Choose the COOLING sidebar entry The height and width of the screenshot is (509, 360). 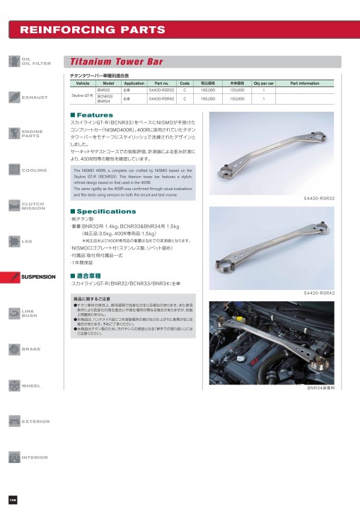pyautogui.click(x=35, y=170)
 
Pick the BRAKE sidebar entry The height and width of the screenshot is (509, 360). pyautogui.click(x=31, y=349)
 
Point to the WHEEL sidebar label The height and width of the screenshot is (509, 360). pyautogui.click(x=31, y=385)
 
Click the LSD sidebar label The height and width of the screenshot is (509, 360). pyautogui.click(x=27, y=242)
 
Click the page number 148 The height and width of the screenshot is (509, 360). pyautogui.click(x=13, y=500)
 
